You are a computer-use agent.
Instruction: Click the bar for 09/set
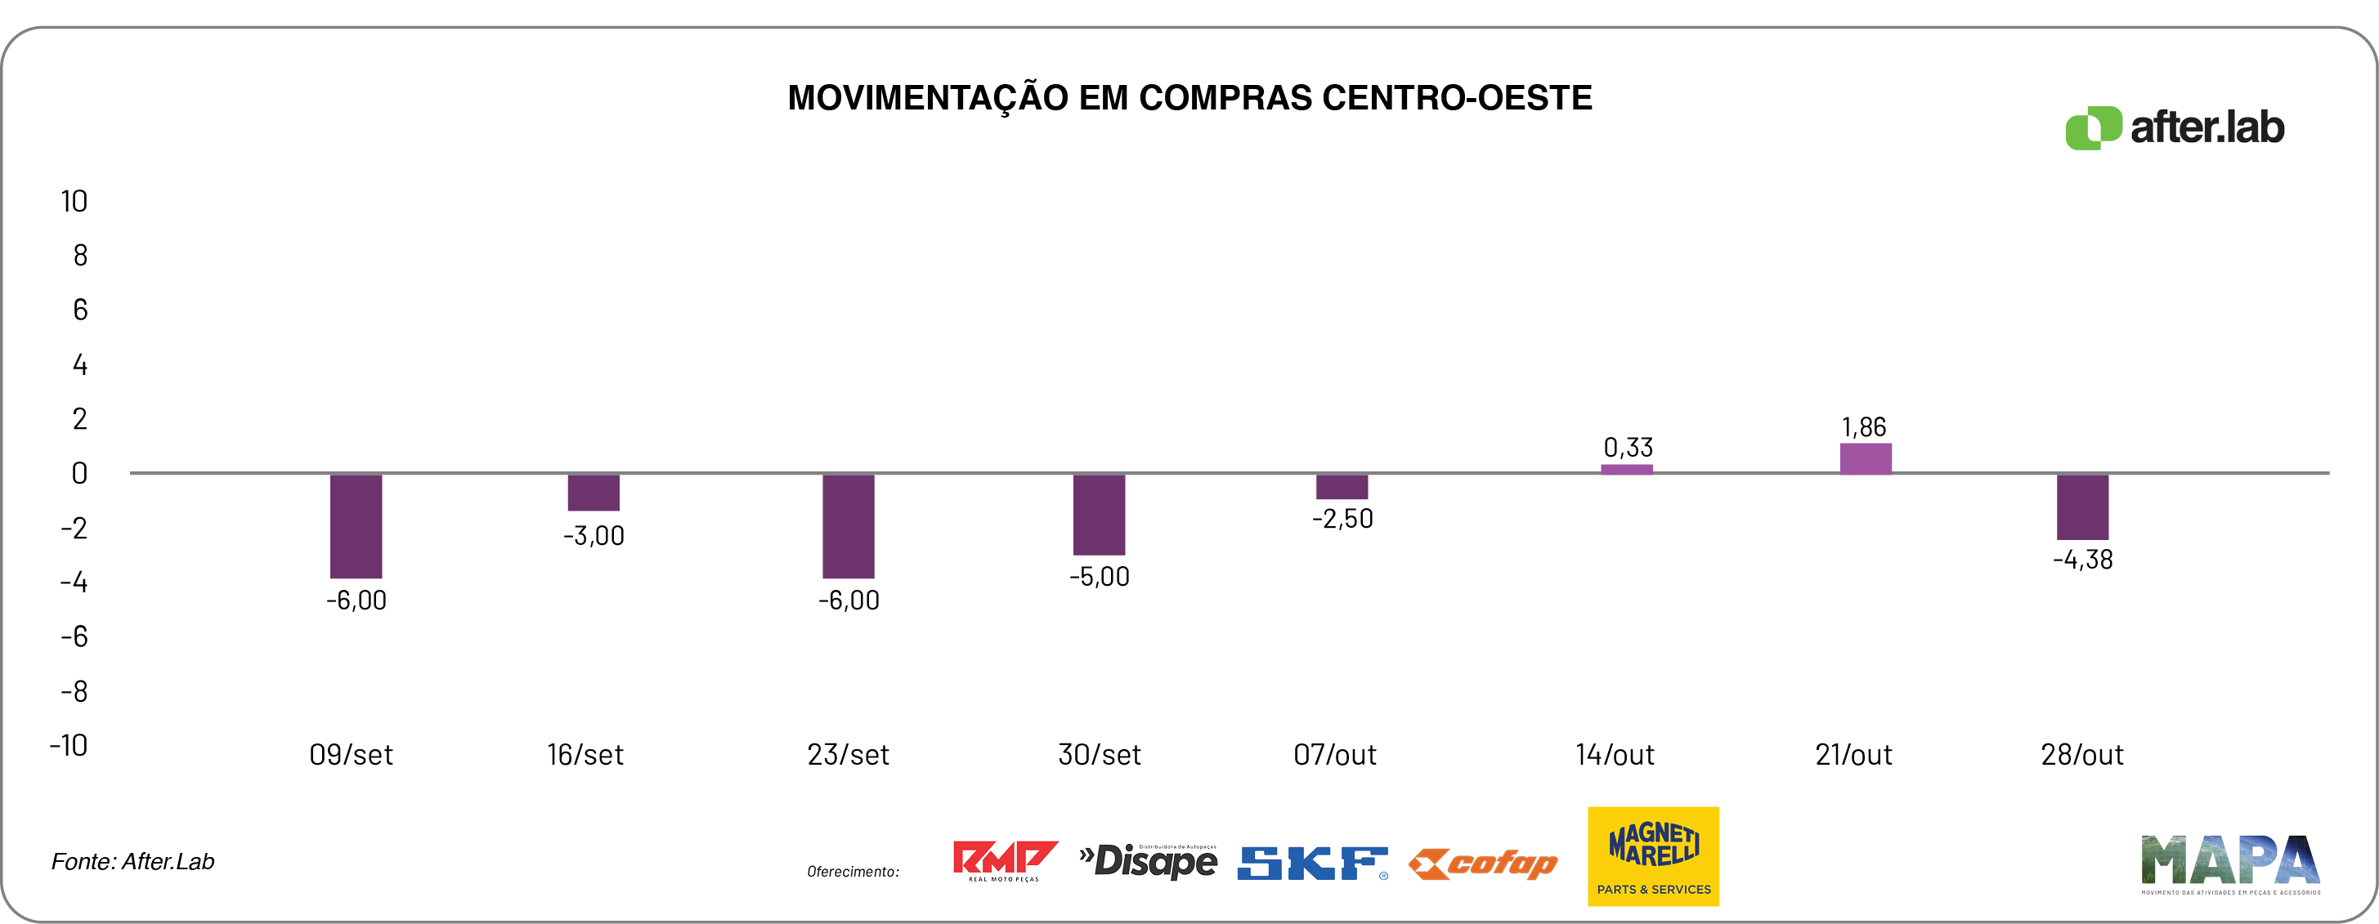[x=356, y=525]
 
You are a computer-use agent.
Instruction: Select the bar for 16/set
[x=593, y=492]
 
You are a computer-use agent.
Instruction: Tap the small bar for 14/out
[x=1626, y=469]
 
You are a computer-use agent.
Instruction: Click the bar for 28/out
[x=2081, y=507]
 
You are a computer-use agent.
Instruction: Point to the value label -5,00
[x=1099, y=577]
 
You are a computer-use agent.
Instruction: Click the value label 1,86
[x=1864, y=427]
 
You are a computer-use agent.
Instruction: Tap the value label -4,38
[x=2081, y=560]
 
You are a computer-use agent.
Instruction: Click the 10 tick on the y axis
[x=74, y=201]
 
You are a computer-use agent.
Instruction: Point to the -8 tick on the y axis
[x=74, y=691]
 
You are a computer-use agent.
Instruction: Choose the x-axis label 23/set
[x=848, y=755]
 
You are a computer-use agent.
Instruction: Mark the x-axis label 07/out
[x=1334, y=755]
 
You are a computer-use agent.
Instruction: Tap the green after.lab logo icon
[x=2093, y=127]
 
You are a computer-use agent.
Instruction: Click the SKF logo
[x=1311, y=863]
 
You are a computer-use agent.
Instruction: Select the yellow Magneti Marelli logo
[x=1653, y=855]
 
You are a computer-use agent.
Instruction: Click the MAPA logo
[x=2229, y=863]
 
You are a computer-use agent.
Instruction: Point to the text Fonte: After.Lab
[x=133, y=861]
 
